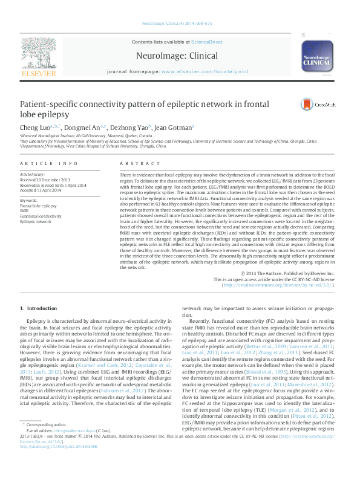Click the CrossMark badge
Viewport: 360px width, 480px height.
pyautogui.click(x=313, y=104)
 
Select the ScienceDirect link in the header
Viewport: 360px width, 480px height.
pyautogui.click(x=207, y=42)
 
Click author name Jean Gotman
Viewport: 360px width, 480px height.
pyautogui.click(x=172, y=128)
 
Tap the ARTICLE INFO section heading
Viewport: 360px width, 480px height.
pyautogui.click(x=49, y=164)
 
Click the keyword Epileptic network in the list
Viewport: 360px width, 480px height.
pyautogui.click(x=35, y=221)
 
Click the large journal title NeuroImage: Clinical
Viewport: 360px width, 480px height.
pyautogui.click(x=186, y=56)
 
